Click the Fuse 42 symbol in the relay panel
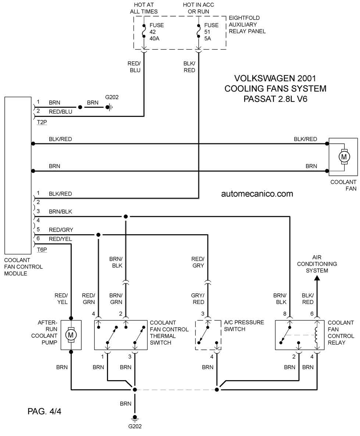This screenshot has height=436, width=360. (144, 31)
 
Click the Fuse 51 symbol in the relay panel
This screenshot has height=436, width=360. (198, 31)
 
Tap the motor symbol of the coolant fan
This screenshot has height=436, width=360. (344, 157)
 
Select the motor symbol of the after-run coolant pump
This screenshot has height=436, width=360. (71, 335)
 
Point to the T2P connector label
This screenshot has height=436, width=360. (42, 122)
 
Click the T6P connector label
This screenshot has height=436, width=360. (42, 250)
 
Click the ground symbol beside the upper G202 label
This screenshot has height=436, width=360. (109, 107)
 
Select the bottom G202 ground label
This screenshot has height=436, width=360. (135, 426)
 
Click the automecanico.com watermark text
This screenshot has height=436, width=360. (257, 194)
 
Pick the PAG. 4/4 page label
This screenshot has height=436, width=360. (44, 411)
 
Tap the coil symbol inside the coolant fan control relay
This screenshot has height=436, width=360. (316, 335)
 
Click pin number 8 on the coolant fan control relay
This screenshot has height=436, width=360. (285, 314)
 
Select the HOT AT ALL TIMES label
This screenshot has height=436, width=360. (144, 8)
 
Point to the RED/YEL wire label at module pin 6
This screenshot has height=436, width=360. (60, 239)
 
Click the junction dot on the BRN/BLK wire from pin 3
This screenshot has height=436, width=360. (126, 216)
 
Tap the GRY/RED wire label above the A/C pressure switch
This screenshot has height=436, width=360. (198, 299)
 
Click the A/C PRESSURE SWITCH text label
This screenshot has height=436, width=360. (244, 326)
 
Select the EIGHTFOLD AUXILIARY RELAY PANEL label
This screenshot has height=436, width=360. (247, 25)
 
